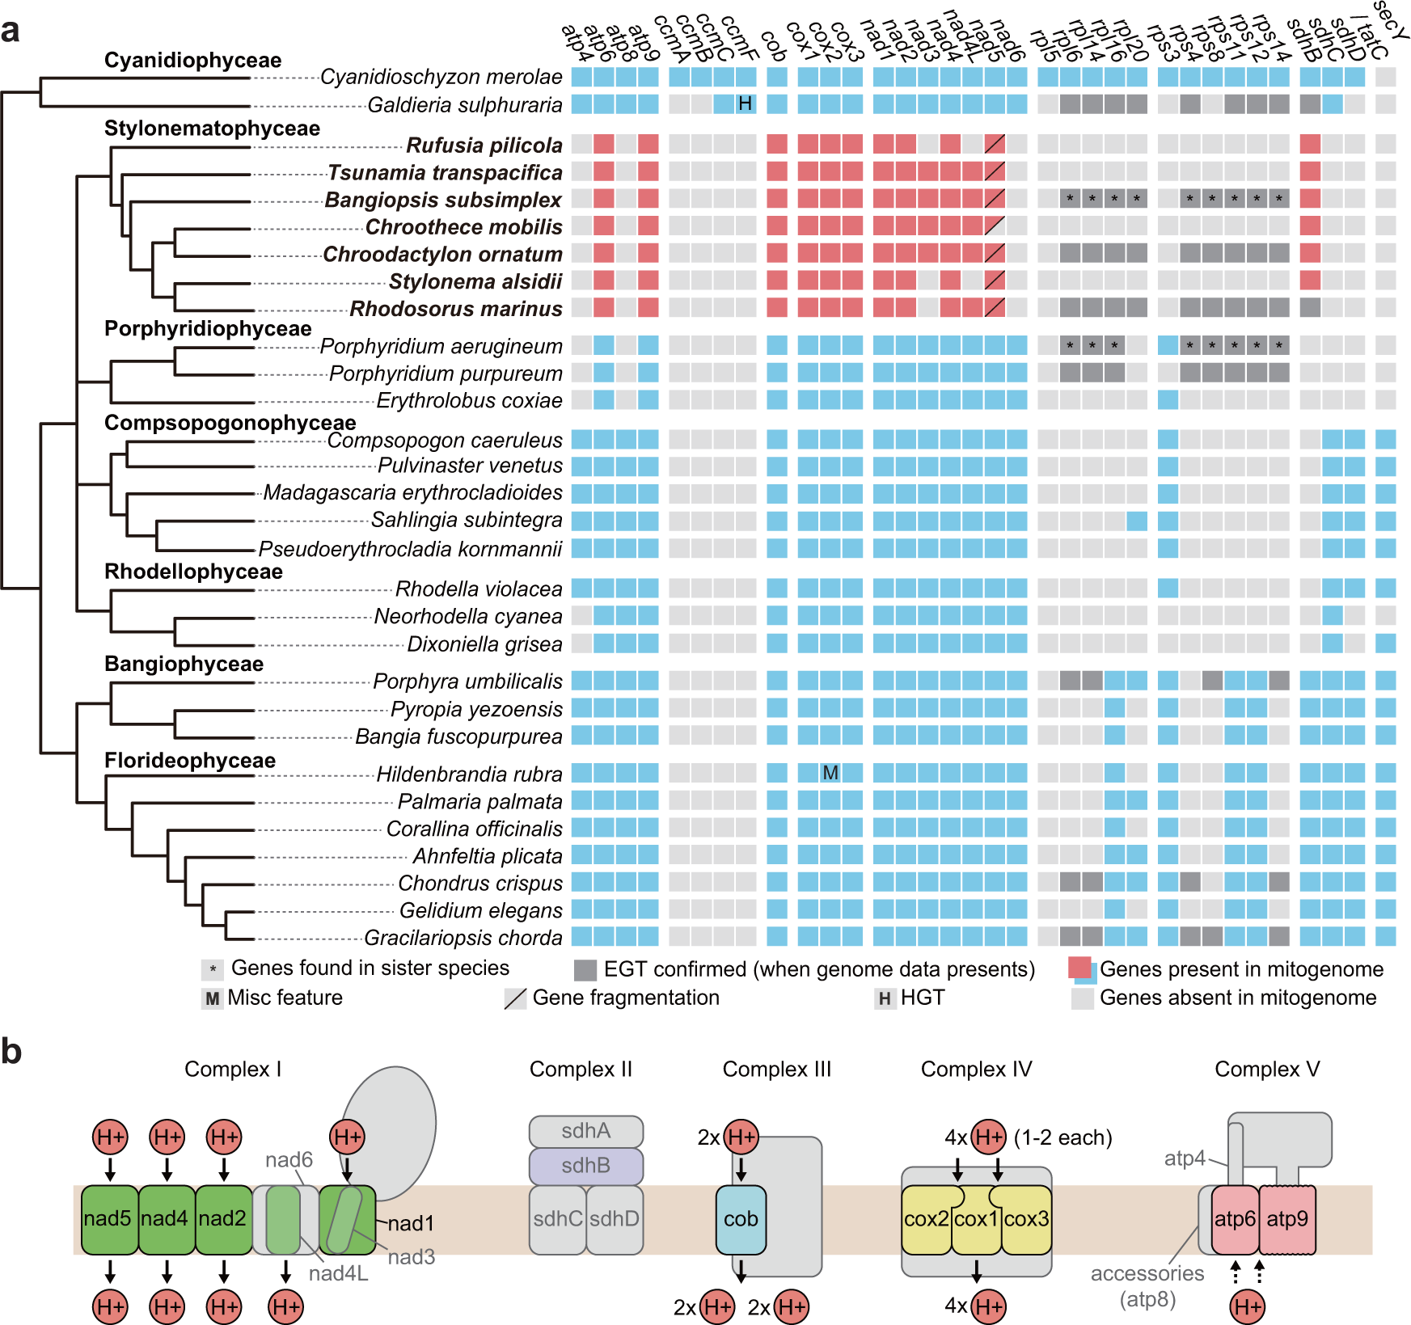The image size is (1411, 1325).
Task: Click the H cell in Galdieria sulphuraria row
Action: [x=746, y=103]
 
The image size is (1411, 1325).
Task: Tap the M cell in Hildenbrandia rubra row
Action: [x=830, y=773]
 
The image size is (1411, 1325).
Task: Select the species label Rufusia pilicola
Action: [x=484, y=146]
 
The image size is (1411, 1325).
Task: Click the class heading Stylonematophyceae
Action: [x=212, y=128]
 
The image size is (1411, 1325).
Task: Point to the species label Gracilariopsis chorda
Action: [x=463, y=938]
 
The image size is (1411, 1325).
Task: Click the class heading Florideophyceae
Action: [x=190, y=761]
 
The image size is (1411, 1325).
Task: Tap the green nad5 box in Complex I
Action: [x=108, y=1218]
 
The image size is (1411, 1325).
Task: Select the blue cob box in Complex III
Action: [x=741, y=1219]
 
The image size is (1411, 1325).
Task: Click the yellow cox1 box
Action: [x=977, y=1219]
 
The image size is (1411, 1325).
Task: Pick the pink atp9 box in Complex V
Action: [x=1287, y=1219]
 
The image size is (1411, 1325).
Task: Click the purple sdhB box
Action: [x=586, y=1166]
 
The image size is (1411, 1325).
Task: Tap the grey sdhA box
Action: [x=586, y=1131]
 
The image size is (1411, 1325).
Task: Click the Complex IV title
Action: [x=976, y=1069]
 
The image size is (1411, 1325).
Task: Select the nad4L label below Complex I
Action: [x=338, y=1273]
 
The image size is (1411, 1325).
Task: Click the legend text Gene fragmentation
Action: [x=625, y=998]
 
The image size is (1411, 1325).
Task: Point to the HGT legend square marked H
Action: [x=885, y=998]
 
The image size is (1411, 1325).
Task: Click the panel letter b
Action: [x=11, y=1052]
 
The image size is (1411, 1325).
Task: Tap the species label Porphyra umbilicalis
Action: [x=467, y=681]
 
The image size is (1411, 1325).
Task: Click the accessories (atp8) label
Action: [x=1147, y=1285]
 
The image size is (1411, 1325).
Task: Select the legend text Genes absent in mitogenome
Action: [x=1237, y=998]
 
